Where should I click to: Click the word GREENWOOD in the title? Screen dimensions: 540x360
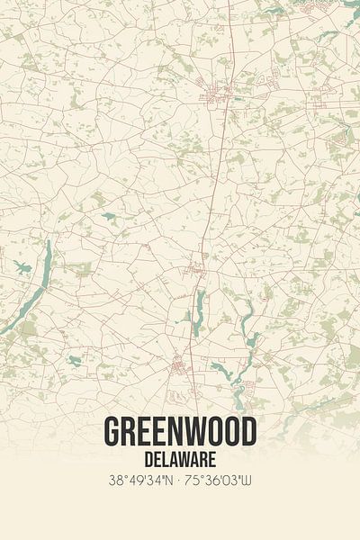pos(180,432)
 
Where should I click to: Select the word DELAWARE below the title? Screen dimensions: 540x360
pos(180,457)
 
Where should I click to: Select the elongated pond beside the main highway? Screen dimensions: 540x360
pos(196,310)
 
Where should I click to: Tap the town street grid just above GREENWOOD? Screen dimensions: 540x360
pos(180,364)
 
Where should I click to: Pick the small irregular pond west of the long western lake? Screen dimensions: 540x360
pos(22,267)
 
